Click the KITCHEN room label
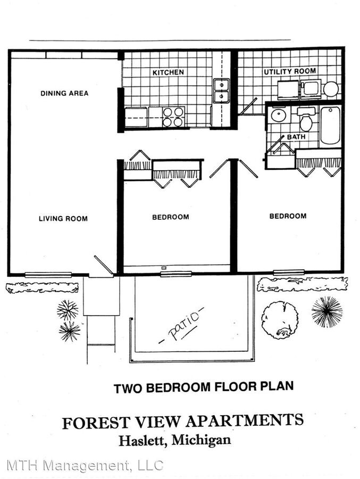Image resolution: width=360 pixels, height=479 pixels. click(x=168, y=72)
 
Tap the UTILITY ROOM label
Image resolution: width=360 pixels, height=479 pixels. click(x=290, y=71)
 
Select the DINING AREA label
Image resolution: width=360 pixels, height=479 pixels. click(x=64, y=94)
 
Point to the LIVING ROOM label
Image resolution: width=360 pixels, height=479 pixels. click(x=63, y=218)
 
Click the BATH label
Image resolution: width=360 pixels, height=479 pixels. click(x=296, y=137)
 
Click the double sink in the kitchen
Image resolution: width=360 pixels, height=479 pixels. click(x=221, y=90)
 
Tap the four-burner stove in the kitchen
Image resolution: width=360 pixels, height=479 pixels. click(x=173, y=117)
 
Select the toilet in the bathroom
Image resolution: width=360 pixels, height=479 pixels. click(x=306, y=121)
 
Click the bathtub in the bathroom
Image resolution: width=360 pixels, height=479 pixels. click(x=330, y=126)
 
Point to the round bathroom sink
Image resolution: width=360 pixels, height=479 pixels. click(x=278, y=114)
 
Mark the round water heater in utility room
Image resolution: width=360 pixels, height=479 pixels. click(x=331, y=89)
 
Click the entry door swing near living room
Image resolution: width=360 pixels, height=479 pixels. click(x=103, y=266)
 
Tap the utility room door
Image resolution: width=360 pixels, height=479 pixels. click(x=247, y=108)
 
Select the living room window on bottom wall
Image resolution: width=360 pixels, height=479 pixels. click(x=48, y=274)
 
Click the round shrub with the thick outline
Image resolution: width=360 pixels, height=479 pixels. click(x=280, y=320)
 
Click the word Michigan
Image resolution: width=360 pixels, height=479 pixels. click(x=205, y=441)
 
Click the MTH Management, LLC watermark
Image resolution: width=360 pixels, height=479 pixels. click(x=85, y=465)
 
